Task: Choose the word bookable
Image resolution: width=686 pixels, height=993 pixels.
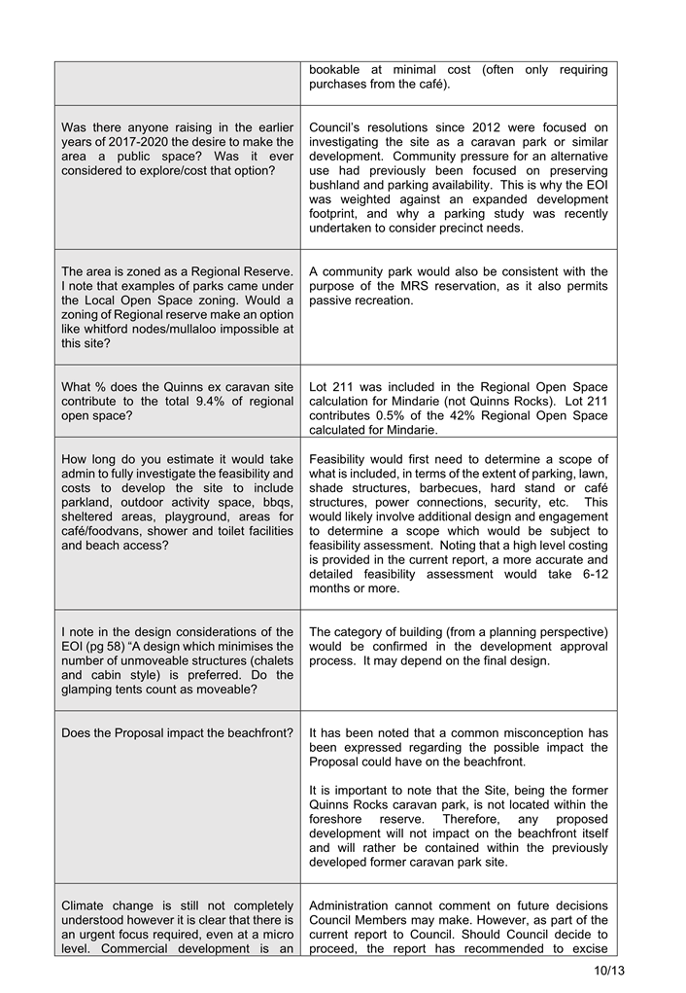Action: [x=338, y=70]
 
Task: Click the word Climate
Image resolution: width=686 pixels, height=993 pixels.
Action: [x=85, y=905]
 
